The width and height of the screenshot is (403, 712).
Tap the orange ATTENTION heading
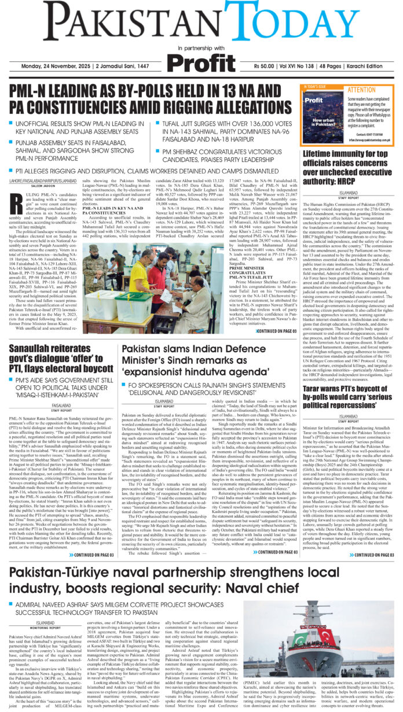pyautogui.click(x=361, y=90)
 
